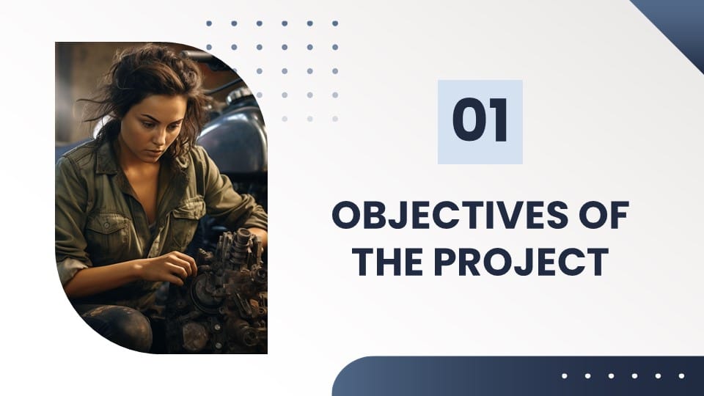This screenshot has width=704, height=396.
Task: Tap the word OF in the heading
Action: click(604, 215)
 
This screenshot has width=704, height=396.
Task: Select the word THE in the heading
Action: click(387, 262)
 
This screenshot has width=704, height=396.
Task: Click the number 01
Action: click(480, 120)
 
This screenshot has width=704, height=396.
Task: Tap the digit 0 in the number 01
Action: click(469, 120)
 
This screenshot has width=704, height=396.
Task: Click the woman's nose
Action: click(153, 138)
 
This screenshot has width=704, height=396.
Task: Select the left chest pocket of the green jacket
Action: click(105, 229)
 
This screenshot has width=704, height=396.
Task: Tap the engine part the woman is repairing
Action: click(224, 292)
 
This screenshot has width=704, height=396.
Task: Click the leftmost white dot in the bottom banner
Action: click(565, 375)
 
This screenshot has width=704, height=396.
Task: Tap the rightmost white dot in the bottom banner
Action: click(681, 375)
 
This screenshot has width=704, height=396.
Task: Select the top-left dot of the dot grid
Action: click(209, 23)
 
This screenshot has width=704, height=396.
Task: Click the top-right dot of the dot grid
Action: click(335, 23)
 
